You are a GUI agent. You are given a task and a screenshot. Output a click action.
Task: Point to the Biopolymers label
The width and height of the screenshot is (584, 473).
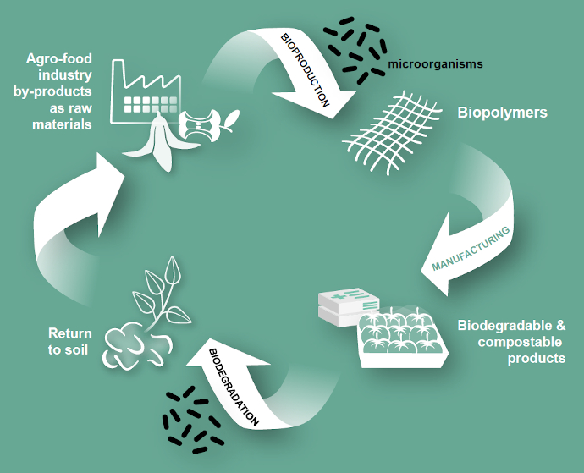coord(502,113)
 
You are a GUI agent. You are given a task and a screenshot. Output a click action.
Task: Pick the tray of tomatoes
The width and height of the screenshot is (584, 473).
coord(397,336)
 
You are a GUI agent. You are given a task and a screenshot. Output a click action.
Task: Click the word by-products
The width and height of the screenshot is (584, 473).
coord(57,92)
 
